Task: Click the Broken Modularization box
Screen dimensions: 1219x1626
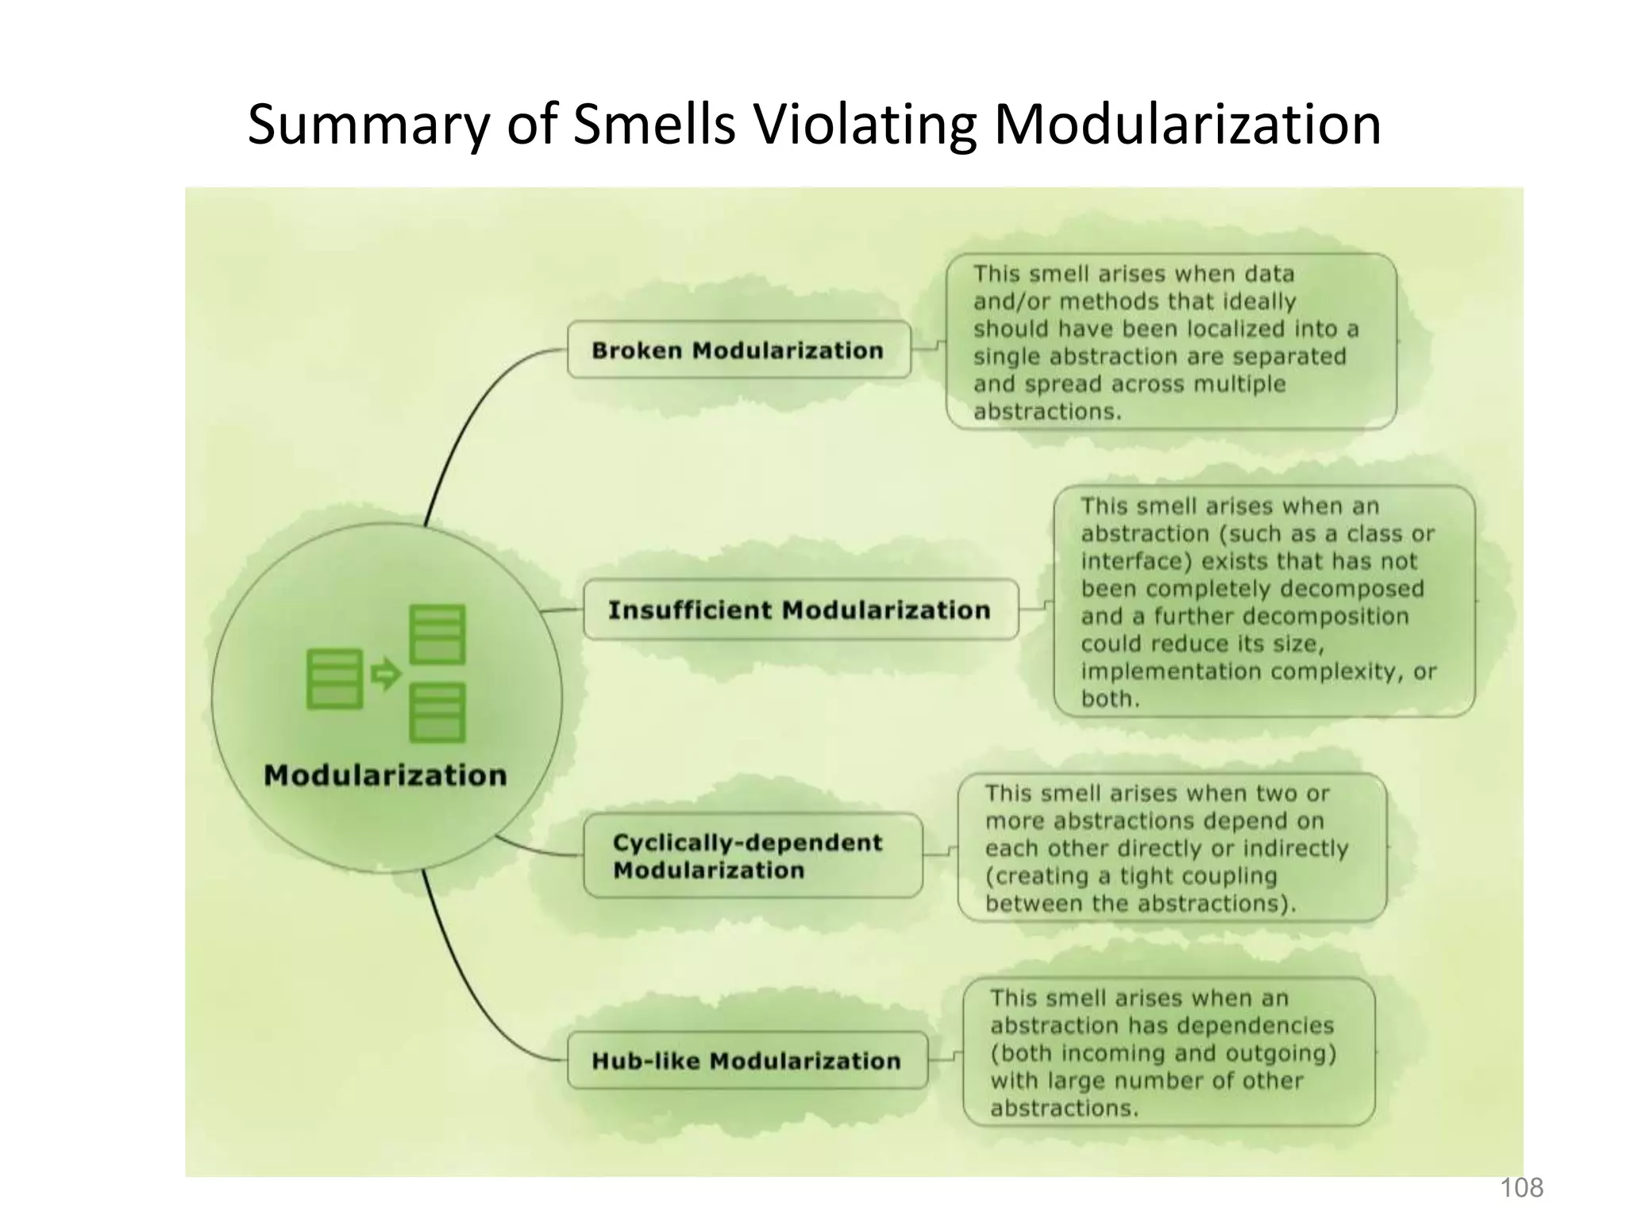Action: (738, 350)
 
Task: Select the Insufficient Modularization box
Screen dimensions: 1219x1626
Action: (800, 609)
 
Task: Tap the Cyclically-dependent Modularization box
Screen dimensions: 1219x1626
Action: (753, 856)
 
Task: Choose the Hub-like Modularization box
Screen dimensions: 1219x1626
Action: (747, 1061)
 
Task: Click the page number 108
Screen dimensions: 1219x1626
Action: (1521, 1188)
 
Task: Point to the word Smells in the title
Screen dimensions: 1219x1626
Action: (654, 125)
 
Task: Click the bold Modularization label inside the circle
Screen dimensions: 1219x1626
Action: (385, 775)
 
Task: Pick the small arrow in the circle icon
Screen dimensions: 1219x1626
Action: (386, 675)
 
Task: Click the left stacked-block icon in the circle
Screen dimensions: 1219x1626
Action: (335, 679)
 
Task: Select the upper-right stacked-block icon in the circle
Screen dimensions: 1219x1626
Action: (437, 634)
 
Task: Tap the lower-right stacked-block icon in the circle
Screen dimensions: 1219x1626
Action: (437, 713)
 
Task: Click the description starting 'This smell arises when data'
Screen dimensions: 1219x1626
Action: (1170, 342)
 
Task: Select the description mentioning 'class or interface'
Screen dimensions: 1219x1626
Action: (1263, 602)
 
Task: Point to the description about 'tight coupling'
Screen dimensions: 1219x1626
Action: (1172, 848)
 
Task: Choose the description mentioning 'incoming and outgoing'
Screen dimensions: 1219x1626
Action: (1168, 1052)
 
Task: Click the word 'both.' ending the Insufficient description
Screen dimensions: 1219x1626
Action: (1110, 699)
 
